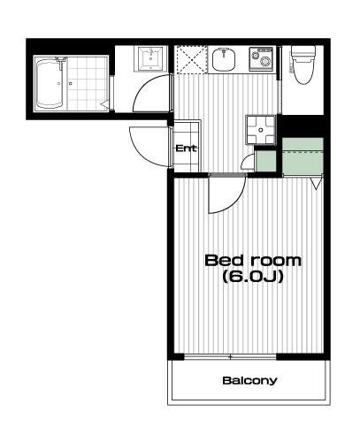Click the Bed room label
[x=253, y=261]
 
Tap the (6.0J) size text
[x=253, y=277]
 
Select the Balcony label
[x=249, y=380]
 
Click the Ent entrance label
[x=186, y=149]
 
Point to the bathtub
[x=50, y=83]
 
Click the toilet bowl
[x=303, y=65]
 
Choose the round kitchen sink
[x=224, y=59]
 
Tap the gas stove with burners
[x=263, y=58]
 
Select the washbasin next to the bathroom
[x=150, y=58]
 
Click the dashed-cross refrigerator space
[x=191, y=60]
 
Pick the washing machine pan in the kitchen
[x=261, y=130]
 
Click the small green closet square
[x=265, y=161]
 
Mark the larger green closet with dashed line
[x=303, y=156]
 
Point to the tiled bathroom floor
[x=87, y=83]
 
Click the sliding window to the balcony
[x=230, y=357]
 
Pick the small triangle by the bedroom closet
[x=316, y=184]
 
